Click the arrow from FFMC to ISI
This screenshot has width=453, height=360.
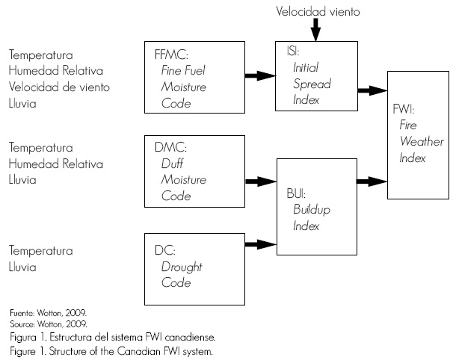(x=259, y=76)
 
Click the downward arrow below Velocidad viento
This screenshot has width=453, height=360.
(x=315, y=31)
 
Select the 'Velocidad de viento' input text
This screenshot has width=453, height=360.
(x=59, y=87)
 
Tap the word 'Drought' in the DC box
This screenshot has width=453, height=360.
(x=182, y=267)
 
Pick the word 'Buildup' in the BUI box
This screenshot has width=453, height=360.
(x=311, y=211)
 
